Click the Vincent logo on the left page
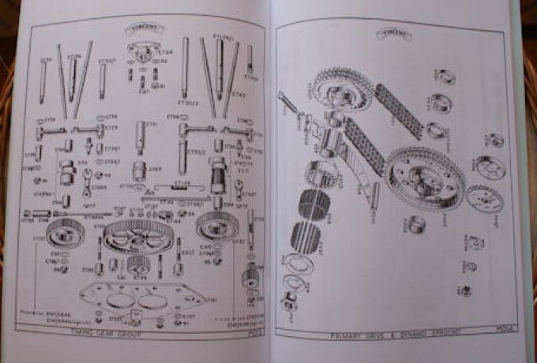point(141,31)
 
